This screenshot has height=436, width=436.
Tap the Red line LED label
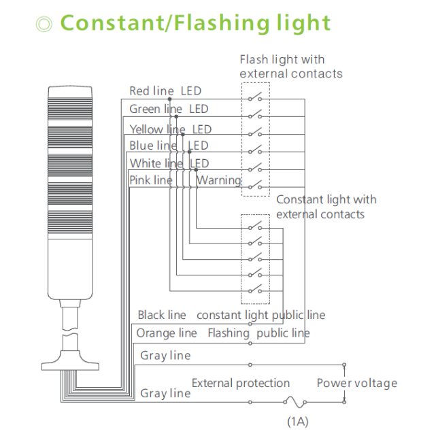coord(165,91)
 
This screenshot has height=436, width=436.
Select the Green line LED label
coord(169,109)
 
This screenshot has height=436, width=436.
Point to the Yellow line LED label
coord(170,129)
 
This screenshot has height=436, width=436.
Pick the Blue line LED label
coord(169,146)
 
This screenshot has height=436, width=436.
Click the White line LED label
coord(169,163)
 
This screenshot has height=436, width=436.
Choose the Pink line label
coord(151,180)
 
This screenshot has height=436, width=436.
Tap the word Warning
coord(219,180)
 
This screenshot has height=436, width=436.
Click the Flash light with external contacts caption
coord(290,67)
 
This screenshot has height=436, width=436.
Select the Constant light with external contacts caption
coord(326,207)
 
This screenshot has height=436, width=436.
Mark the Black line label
coord(162,315)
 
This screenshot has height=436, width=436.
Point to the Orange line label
coord(167,333)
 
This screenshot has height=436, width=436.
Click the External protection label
coord(241,384)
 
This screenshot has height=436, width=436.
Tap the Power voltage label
coord(356,384)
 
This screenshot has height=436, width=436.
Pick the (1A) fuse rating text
coord(297,421)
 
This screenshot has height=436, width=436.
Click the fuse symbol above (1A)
coord(297,402)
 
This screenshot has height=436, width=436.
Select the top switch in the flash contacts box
coord(255,98)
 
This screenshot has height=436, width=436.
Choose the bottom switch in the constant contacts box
coord(255,290)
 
